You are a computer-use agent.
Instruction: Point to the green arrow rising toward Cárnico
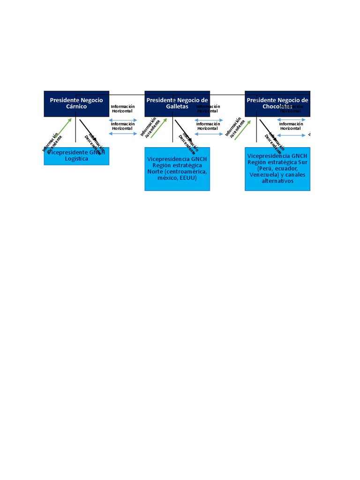(x=63, y=128)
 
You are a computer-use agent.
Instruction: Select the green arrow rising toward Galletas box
(x=159, y=127)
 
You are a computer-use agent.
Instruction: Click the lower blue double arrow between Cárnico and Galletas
(x=123, y=134)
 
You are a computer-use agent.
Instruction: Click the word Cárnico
(x=76, y=107)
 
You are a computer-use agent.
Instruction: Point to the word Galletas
(x=177, y=107)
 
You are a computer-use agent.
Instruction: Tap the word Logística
(x=76, y=159)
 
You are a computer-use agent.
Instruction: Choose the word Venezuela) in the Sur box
(x=265, y=175)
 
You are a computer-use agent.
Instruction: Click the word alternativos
(x=277, y=181)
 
